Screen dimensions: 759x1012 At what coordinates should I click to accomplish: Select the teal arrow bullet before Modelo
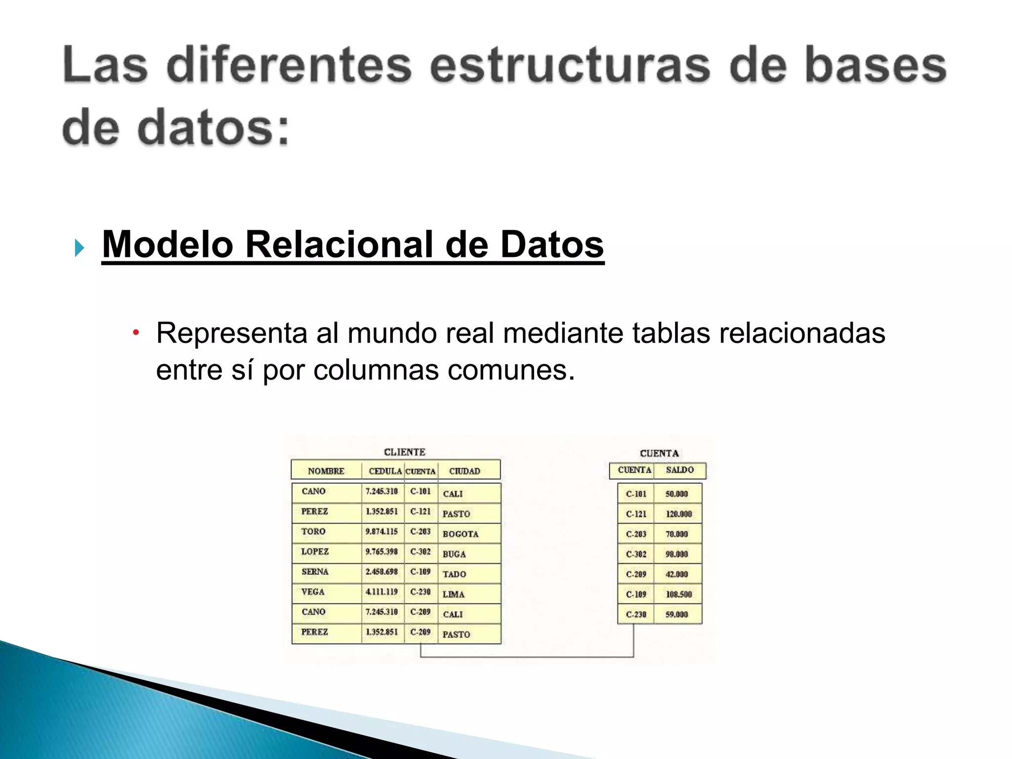79,248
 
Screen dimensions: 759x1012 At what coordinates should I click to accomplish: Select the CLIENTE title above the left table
404,452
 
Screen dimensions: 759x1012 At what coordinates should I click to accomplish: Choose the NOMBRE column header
326,471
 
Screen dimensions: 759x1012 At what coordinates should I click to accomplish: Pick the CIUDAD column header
464,471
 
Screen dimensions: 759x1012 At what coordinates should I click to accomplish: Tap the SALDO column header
679,470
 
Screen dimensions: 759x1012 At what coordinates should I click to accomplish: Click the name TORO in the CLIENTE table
313,532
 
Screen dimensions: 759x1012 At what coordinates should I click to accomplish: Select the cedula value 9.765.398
381,551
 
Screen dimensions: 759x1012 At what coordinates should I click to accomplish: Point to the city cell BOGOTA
460,534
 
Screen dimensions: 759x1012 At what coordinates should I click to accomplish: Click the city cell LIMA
453,594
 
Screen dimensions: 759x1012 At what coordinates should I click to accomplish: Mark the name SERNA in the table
315,572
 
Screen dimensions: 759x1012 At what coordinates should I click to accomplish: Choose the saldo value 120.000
678,514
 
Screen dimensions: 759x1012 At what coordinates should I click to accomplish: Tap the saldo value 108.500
678,594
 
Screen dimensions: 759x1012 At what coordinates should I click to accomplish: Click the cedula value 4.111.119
381,592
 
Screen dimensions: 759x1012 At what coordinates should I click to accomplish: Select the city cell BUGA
454,554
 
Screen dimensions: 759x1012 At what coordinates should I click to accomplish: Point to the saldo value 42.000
676,574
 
